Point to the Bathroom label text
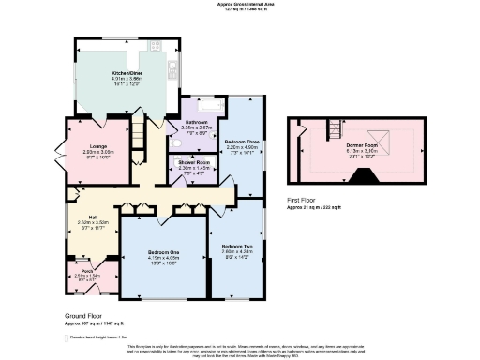click(197, 122)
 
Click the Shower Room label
click(193, 161)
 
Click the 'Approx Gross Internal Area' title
click(240, 4)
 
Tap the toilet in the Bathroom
click(176, 145)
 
